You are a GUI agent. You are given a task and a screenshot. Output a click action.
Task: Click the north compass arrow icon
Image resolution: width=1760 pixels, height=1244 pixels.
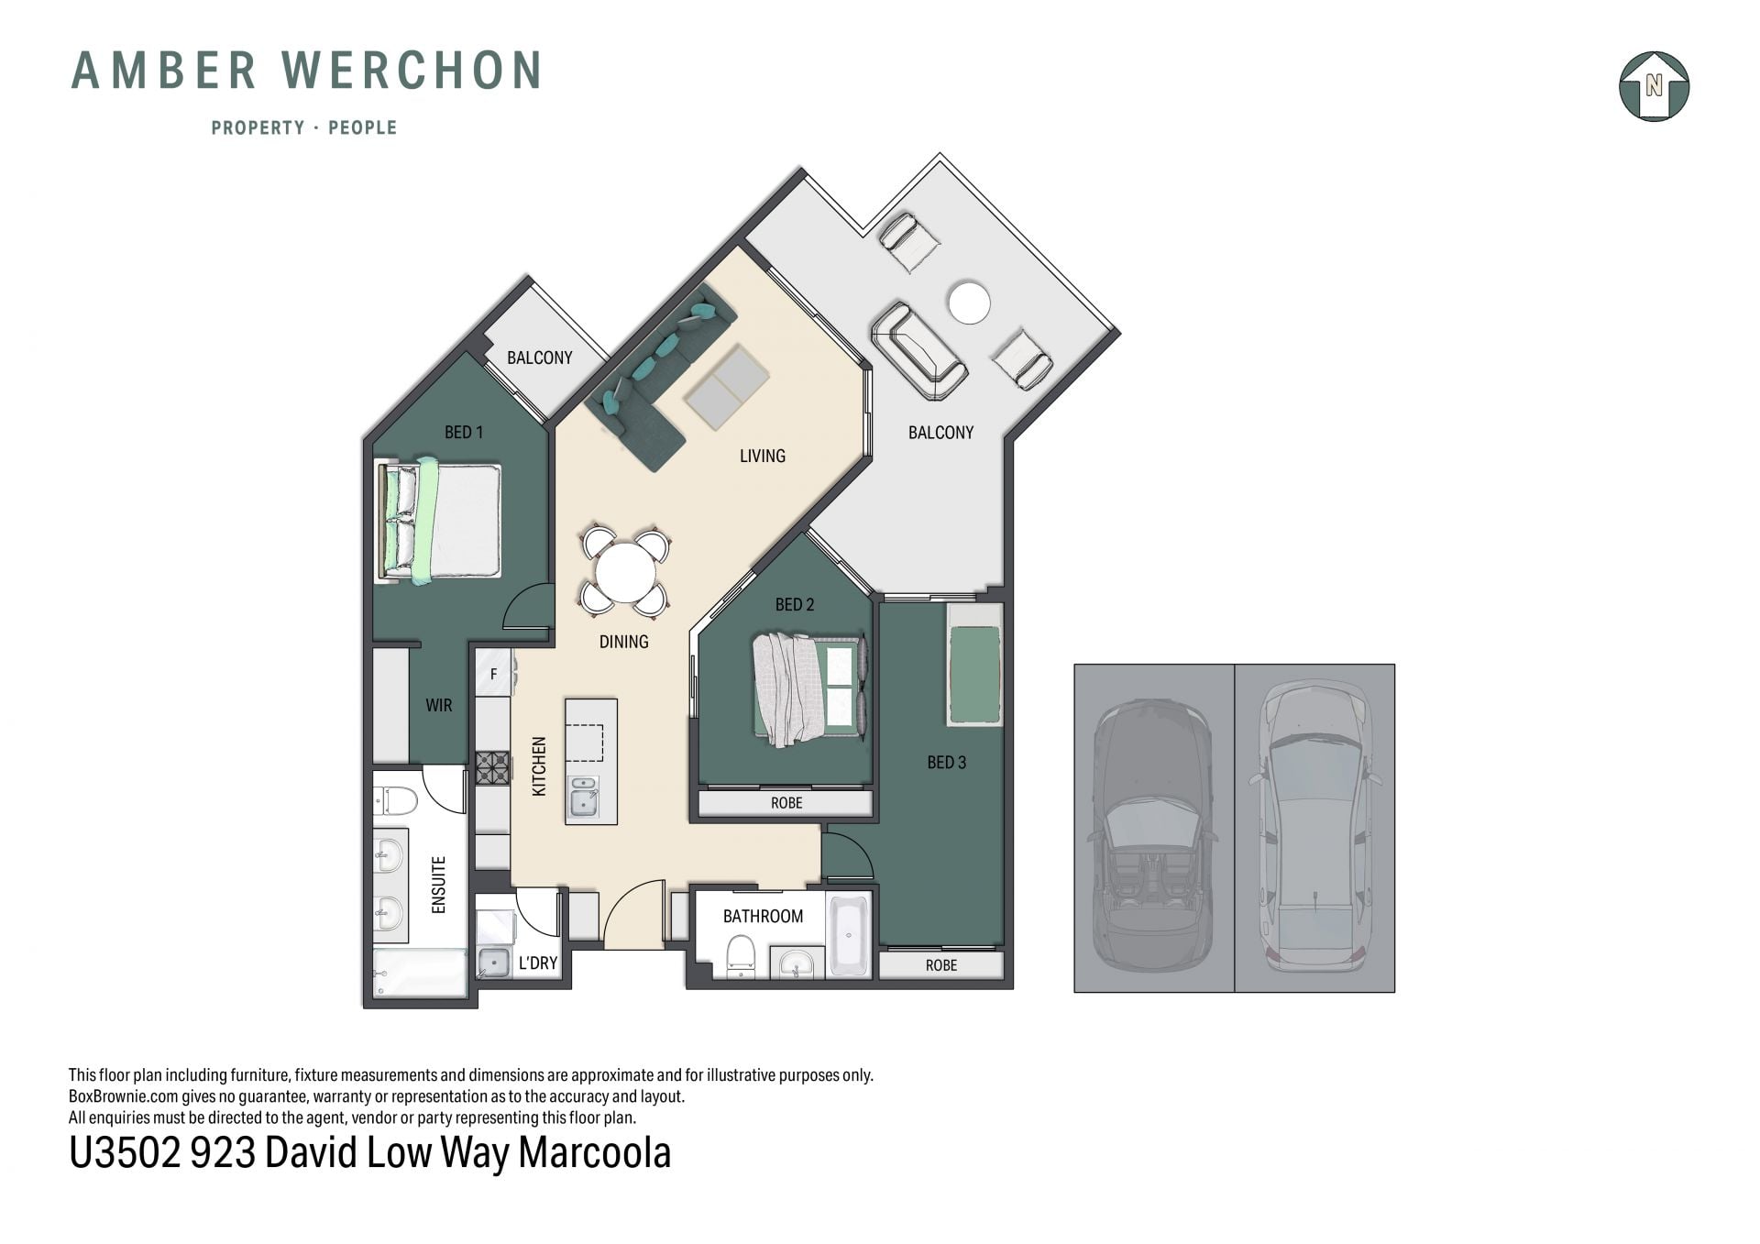click(x=1654, y=86)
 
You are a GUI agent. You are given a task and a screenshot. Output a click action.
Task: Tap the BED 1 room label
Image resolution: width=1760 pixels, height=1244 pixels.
click(x=464, y=432)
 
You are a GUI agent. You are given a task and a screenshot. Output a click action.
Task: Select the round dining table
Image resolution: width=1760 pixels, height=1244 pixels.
click(x=626, y=573)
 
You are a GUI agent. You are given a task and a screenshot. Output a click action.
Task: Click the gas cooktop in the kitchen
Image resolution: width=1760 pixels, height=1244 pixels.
click(x=492, y=768)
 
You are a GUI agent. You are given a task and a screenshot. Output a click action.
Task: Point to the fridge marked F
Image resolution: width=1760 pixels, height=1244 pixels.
click(x=493, y=674)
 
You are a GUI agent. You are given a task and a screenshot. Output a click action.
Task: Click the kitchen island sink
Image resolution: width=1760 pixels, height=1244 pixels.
click(x=583, y=797)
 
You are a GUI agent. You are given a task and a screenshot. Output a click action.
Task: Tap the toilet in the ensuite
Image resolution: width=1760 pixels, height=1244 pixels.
click(x=395, y=800)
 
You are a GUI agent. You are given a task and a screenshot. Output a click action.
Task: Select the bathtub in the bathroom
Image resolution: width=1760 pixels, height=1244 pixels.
click(x=849, y=935)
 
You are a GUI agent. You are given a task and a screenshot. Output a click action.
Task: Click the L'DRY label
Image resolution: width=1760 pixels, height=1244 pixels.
click(x=538, y=963)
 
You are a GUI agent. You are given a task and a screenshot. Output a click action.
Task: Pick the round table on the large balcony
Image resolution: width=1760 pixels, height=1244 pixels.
click(x=969, y=303)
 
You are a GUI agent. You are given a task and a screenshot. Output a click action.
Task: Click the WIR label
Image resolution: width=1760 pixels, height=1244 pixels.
click(x=439, y=705)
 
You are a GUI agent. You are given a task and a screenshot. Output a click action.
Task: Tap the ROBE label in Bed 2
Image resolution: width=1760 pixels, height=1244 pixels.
click(x=786, y=803)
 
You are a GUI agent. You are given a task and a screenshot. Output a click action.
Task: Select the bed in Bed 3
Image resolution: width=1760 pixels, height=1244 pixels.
click(x=974, y=663)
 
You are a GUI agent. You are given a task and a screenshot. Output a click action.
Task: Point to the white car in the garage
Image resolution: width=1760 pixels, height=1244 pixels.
click(x=1314, y=825)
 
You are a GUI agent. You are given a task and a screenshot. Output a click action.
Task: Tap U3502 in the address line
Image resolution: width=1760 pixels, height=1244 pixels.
click(x=126, y=1153)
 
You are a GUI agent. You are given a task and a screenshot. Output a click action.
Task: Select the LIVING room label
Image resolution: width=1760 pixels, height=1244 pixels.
click(x=763, y=456)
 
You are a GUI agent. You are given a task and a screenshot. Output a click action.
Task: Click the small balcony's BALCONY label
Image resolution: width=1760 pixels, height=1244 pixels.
click(x=540, y=358)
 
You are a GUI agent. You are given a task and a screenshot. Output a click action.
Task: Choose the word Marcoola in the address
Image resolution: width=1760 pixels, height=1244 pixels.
click(x=595, y=1153)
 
